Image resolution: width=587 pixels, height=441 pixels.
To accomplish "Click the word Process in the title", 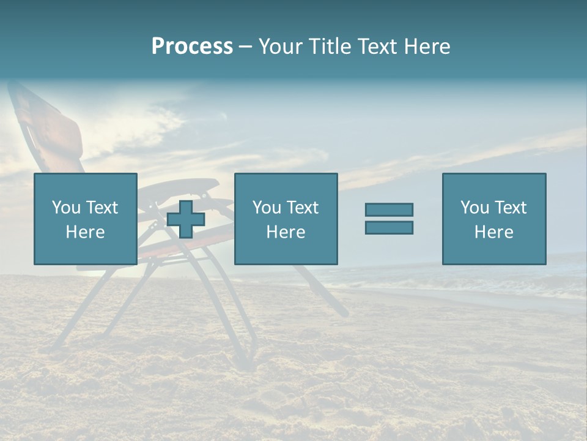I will (192, 47).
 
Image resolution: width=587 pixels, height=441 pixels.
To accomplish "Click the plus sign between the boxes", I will (186, 219).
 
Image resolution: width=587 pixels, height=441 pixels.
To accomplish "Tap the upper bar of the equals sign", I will (389, 210).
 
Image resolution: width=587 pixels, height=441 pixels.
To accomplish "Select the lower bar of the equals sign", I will (389, 227).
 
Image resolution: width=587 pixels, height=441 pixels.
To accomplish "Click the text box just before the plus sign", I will (85, 219).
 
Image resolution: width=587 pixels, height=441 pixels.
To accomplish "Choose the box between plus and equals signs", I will (286, 219).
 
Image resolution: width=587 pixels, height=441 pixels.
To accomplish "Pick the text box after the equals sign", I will (493, 219).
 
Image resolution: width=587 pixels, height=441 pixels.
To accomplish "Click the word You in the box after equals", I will (474, 208).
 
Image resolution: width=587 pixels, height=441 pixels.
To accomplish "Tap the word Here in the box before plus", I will (85, 232).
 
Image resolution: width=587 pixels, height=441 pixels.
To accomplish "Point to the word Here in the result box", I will (493, 232).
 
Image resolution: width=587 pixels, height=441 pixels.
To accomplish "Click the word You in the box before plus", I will (66, 208).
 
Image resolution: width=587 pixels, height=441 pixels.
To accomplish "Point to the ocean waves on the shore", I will (489, 282).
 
